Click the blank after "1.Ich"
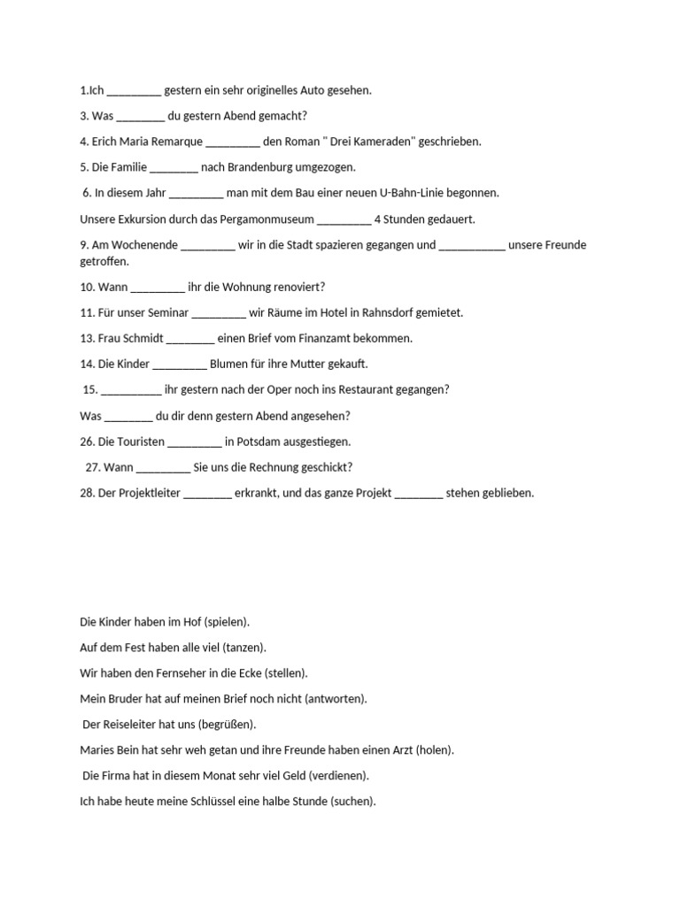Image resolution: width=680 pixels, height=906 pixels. point(135,90)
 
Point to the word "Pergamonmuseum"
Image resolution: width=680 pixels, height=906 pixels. point(269,219)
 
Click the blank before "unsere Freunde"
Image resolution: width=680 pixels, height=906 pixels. point(472,245)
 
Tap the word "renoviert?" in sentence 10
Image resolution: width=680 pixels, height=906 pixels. point(298,288)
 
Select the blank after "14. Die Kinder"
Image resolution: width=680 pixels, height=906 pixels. point(180,365)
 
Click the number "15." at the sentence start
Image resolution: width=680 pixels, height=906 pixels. point(90,390)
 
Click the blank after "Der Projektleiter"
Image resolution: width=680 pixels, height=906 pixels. point(208,494)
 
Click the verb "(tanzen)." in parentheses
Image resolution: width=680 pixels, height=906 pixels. point(244,648)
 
